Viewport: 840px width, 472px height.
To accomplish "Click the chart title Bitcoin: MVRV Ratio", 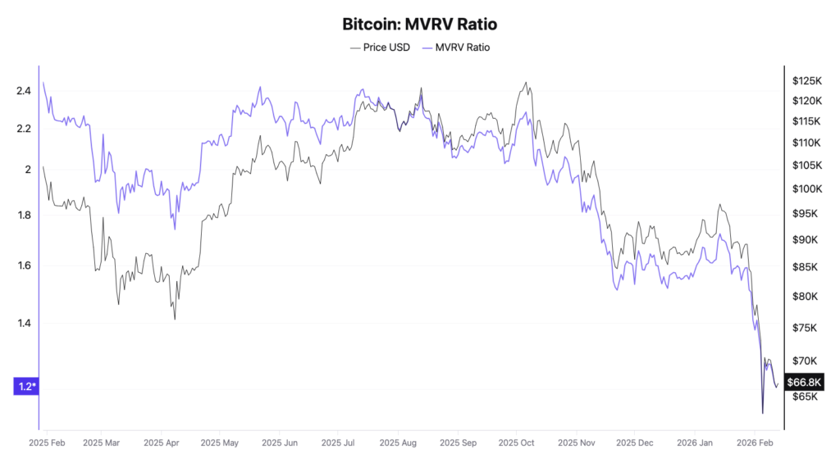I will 419,25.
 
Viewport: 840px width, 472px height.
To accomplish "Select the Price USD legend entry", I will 381,48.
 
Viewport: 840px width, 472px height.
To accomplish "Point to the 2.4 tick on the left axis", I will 23,90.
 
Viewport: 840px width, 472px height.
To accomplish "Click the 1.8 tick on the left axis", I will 23,216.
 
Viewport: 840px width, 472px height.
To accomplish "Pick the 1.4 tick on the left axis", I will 23,323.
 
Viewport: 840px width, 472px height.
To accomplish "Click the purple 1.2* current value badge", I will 27,386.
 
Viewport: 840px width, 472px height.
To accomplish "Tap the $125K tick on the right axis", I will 806,81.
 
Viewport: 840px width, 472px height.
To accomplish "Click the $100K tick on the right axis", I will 806,188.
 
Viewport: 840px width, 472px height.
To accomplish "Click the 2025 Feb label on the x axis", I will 48,442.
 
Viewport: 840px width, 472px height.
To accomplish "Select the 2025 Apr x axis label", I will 161,442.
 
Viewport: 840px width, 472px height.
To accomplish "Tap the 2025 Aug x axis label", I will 398,442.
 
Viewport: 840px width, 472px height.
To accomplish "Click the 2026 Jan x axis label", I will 694,442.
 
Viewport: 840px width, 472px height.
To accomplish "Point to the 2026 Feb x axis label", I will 755,442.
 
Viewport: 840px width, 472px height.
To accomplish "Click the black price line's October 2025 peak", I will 525,83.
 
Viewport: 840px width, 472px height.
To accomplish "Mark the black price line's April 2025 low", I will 175,319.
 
